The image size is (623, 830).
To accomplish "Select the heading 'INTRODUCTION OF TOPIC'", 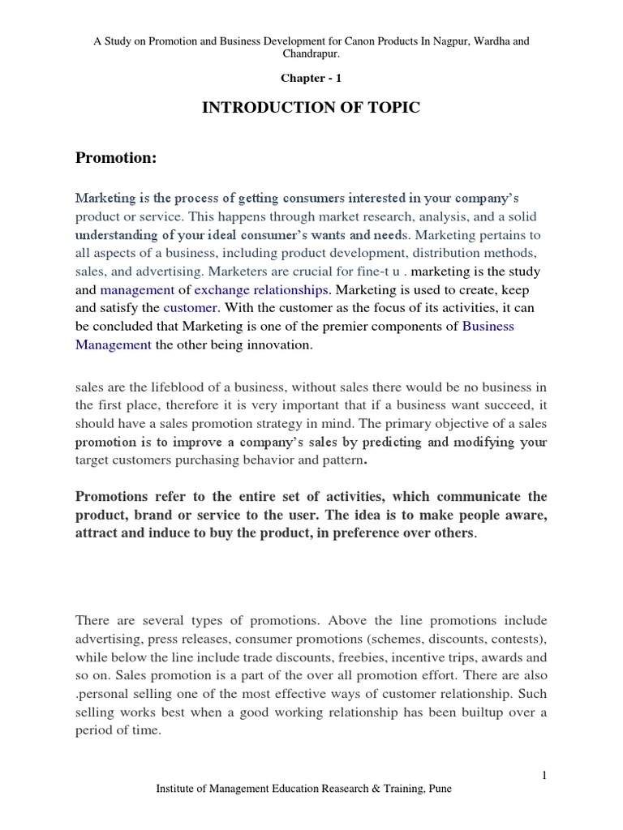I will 311,108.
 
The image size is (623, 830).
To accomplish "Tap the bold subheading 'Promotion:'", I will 115,157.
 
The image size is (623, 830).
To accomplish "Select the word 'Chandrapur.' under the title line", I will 311,53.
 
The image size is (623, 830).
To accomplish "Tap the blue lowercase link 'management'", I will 137,289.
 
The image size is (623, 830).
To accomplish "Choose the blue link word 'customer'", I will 191,308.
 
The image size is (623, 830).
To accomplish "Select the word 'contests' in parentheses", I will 513,638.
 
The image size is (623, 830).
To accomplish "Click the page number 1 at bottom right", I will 544,776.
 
